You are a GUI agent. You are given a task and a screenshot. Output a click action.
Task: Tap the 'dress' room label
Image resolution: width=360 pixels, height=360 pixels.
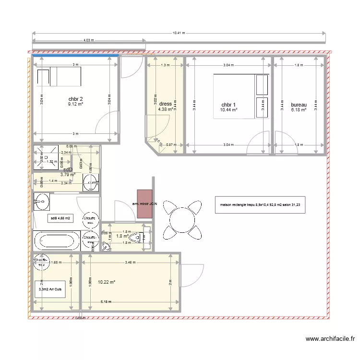pos(166,104)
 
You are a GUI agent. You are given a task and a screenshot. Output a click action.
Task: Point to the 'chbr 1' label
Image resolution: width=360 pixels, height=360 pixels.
pos(228,105)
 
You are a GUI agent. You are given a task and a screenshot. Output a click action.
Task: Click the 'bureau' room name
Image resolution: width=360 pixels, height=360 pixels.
pos(299,105)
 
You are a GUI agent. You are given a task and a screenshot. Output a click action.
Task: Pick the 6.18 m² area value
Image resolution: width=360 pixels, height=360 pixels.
pos(298,110)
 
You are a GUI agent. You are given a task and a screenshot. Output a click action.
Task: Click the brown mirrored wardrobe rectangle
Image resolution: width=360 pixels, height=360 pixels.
pos(144,204)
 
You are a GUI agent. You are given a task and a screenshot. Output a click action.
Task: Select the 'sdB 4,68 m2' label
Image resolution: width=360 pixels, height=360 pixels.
pos(60,218)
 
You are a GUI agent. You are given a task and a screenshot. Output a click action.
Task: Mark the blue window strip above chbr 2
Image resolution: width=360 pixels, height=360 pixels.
pos(75,55)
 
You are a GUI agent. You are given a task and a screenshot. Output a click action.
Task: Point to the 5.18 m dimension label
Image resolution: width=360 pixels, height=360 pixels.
pos(106,302)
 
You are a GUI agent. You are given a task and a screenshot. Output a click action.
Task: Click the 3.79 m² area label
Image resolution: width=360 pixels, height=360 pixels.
pos(68,175)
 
